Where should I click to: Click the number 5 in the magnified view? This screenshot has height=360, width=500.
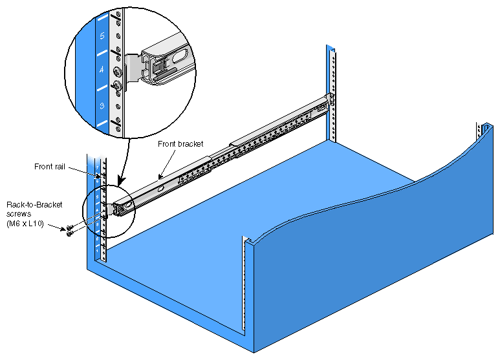tap(102, 36)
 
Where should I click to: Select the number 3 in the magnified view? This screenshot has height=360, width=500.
tap(102, 104)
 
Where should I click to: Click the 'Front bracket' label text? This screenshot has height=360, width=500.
tap(181, 144)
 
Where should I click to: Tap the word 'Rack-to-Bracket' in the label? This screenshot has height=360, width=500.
tap(34, 204)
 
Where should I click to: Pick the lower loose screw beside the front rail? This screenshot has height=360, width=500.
tap(69, 234)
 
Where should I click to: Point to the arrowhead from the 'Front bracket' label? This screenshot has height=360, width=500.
tap(159, 177)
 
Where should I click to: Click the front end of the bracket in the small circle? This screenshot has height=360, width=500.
tap(119, 208)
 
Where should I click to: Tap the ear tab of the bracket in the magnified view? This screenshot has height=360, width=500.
tap(132, 67)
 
